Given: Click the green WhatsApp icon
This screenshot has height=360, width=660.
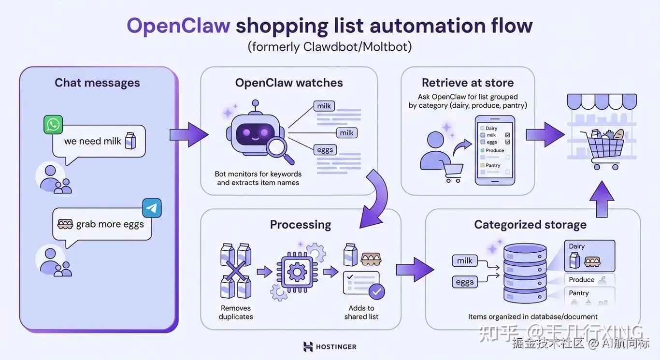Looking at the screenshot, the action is tap(53, 125).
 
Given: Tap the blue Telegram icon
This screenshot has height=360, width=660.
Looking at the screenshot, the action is tap(152, 208).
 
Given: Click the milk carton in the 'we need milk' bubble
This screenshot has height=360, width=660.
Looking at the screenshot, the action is tap(130, 141).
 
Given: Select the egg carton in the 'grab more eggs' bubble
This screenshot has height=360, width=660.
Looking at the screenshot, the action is tap(65, 224).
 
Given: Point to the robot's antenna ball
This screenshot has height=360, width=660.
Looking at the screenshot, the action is tap(256, 103).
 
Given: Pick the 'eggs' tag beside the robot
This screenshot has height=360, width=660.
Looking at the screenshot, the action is tap(325, 150).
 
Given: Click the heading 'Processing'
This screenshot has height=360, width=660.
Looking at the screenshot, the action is tap(301, 225).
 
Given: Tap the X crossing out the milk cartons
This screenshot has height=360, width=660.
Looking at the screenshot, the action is tap(236, 271).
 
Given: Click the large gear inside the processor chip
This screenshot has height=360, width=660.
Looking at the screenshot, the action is tap(297, 272).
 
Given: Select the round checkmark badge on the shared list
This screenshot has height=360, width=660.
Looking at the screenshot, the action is tap(376, 292).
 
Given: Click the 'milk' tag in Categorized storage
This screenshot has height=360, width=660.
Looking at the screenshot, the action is tap(464, 261).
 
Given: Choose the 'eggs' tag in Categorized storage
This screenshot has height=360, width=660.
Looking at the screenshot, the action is tap(465, 282).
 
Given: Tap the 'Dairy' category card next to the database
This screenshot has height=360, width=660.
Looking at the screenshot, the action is tap(589, 256).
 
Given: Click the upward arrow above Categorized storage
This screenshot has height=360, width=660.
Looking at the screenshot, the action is tap(602, 199).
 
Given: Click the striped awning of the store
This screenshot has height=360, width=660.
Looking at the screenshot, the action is tap(602, 101).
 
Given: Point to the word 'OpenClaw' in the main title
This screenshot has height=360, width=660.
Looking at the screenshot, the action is tap(179, 26).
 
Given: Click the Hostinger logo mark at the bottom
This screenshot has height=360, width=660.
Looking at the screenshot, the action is tap(308, 347).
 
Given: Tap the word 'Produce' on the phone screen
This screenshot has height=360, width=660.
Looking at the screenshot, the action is tap(495, 150).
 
